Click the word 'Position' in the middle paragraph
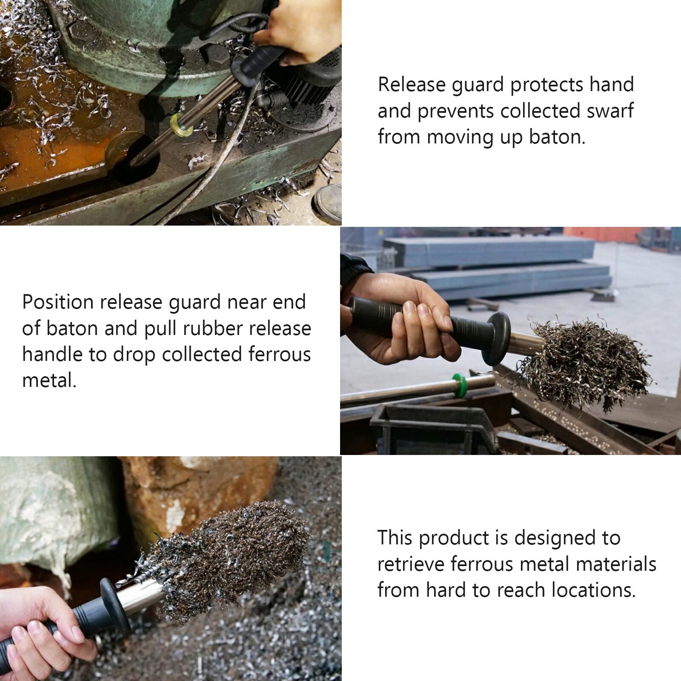click(58, 303)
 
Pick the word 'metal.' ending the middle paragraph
click(49, 380)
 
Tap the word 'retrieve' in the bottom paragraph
click(410, 565)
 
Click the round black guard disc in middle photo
click(498, 338)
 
